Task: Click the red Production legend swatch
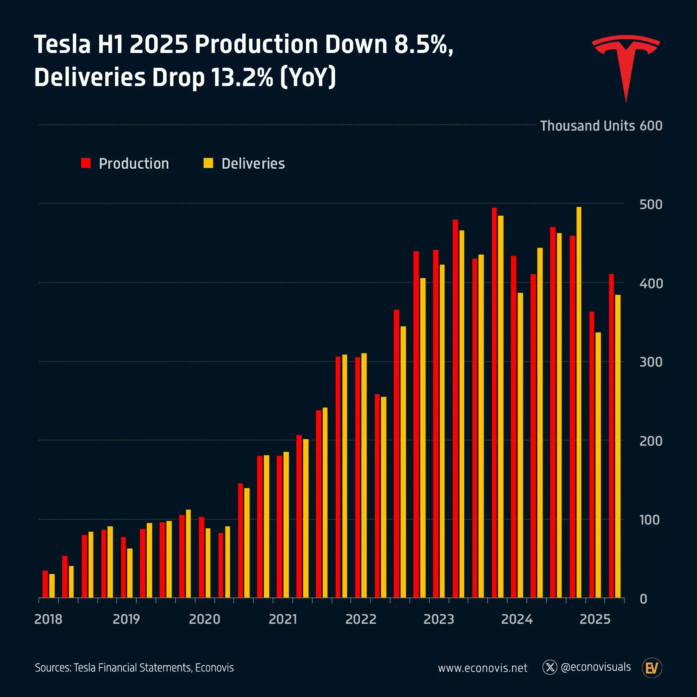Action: pyautogui.click(x=86, y=163)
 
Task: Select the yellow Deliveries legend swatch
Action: pyautogui.click(x=208, y=163)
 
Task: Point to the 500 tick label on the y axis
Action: pyautogui.click(x=650, y=205)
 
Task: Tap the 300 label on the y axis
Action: pyautogui.click(x=650, y=362)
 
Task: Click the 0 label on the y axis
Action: pyautogui.click(x=643, y=599)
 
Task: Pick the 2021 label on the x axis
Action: pyautogui.click(x=283, y=619)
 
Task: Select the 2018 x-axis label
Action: pyautogui.click(x=48, y=619)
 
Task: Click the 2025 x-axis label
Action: pyautogui.click(x=595, y=619)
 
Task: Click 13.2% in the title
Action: pyautogui.click(x=242, y=77)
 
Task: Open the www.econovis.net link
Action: pyautogui.click(x=482, y=668)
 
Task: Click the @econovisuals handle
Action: pyautogui.click(x=596, y=667)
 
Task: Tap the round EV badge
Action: pyautogui.click(x=652, y=668)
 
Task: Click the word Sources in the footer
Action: pyautogui.click(x=53, y=668)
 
